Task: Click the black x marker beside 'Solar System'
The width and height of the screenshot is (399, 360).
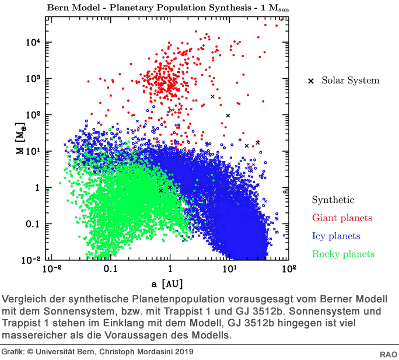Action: click(311, 81)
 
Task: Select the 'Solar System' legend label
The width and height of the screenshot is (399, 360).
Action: click(350, 81)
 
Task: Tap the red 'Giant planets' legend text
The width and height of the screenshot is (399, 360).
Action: click(342, 218)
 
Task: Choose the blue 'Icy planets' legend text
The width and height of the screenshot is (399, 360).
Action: click(336, 236)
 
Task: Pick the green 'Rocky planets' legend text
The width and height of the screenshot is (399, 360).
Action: click(343, 254)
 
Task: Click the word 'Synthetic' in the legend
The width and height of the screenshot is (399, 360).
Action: click(332, 200)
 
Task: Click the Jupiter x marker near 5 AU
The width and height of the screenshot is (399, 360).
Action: click(212, 96)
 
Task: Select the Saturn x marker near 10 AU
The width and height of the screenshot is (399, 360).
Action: click(228, 116)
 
